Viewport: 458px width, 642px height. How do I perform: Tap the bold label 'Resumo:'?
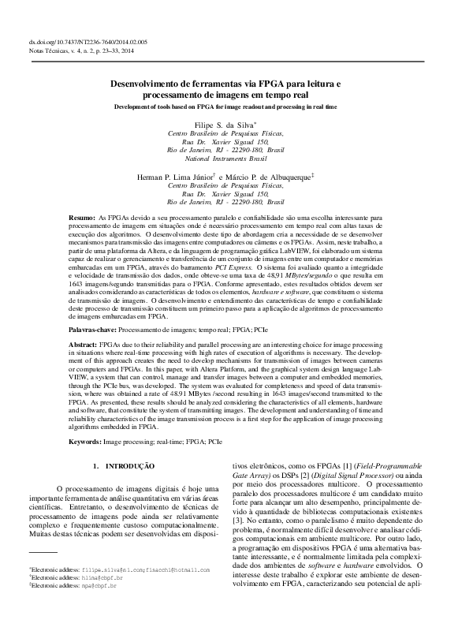82,215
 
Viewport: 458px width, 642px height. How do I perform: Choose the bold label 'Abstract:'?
84,345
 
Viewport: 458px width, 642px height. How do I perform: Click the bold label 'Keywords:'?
84,442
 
